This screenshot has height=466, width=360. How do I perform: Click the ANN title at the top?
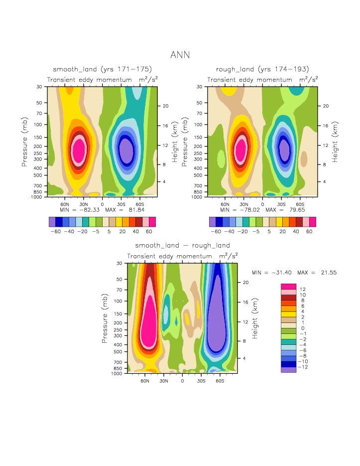[180, 54]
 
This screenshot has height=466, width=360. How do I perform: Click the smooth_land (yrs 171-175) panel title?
[102, 69]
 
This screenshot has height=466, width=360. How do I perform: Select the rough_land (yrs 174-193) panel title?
[262, 69]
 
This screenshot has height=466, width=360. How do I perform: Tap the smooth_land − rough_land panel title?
[182, 245]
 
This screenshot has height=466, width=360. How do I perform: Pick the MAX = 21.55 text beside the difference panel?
[310, 273]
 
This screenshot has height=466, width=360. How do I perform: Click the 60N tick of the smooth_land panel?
[64, 204]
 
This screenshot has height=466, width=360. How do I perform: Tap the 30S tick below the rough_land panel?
[281, 204]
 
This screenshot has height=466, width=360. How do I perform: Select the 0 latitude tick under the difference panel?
[182, 380]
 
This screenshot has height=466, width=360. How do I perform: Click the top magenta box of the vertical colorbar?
[288, 287]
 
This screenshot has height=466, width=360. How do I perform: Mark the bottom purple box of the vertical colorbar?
[288, 370]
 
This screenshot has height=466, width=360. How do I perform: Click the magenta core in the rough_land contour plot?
[241, 149]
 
